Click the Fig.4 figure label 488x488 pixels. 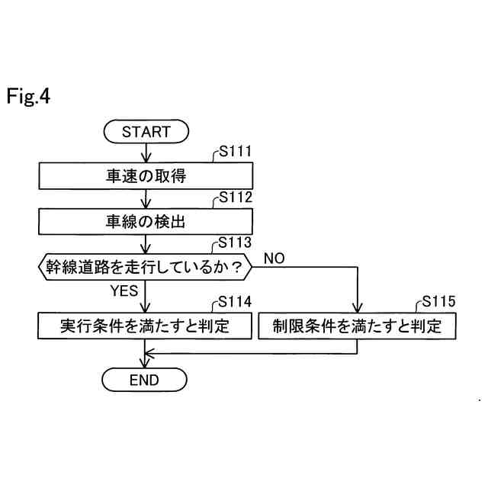(28, 98)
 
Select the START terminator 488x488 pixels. (146, 131)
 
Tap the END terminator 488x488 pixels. (145, 379)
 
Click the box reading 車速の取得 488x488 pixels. (146, 176)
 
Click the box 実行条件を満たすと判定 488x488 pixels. (145, 326)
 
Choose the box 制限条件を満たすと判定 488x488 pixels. (358, 326)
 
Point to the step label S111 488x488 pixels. (234, 151)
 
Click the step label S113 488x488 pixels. (234, 242)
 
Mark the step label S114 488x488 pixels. (234, 301)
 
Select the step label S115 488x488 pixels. (438, 302)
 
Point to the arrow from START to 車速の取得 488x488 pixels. (146, 152)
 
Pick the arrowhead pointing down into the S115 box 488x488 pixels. (358, 307)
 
